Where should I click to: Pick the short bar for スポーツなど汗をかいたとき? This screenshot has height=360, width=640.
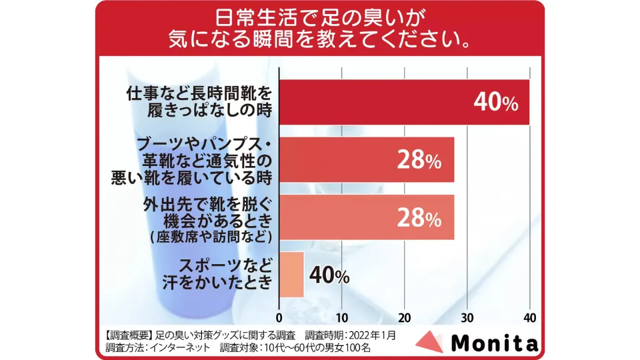291,275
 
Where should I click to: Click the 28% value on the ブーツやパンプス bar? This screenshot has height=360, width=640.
419,161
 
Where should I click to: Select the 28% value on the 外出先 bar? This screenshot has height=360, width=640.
419,218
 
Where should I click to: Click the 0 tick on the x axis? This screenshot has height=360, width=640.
279,317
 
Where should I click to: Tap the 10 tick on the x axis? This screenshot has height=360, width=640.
341,317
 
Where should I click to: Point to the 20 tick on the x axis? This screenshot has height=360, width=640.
404,317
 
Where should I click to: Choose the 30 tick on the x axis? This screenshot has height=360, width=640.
467,317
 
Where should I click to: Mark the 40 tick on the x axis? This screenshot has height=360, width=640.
529,317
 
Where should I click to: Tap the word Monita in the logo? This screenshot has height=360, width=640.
494,343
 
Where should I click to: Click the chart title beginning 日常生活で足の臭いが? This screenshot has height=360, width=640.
320,27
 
